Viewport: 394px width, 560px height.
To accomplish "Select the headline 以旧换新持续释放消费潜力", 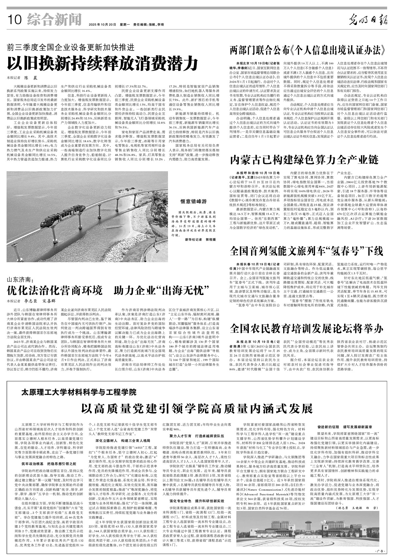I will point(103,64).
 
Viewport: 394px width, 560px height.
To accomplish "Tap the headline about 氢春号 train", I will point(306,251).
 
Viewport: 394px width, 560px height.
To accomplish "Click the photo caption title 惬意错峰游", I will point(194,201).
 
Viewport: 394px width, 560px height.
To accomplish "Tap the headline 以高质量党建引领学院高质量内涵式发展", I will point(197,408).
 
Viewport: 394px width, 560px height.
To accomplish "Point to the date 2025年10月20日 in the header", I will point(103,24).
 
